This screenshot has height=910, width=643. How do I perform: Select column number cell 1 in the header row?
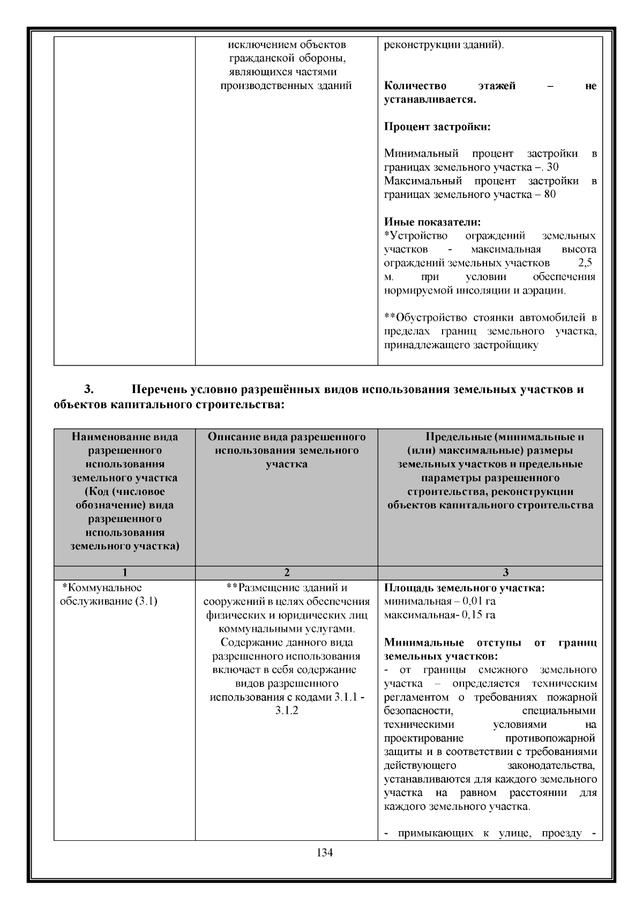click(x=124, y=573)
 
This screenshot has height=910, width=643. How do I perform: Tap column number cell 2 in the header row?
click(x=287, y=573)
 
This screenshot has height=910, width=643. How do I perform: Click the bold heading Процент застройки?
click(x=437, y=127)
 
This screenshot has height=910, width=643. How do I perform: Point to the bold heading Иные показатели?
click(x=432, y=222)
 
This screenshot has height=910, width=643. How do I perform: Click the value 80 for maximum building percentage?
click(x=550, y=194)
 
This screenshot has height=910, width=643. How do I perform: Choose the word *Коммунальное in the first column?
click(x=102, y=588)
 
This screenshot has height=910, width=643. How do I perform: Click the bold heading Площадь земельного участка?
click(x=464, y=588)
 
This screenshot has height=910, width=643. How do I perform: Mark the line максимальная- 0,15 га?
click(x=439, y=615)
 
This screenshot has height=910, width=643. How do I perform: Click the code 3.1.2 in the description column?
click(x=287, y=711)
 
